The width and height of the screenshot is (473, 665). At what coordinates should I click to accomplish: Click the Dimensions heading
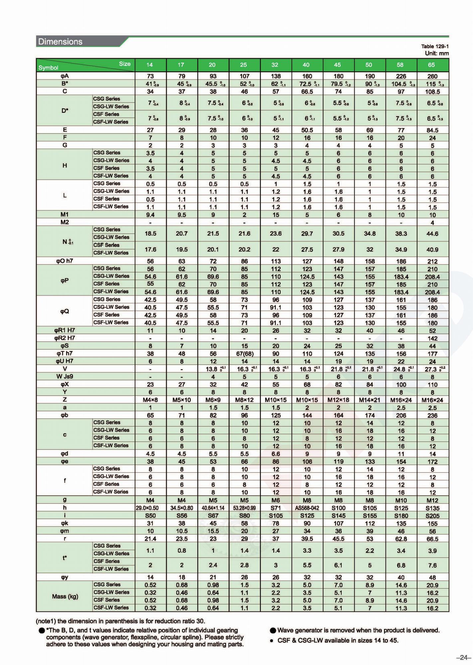click(x=60, y=42)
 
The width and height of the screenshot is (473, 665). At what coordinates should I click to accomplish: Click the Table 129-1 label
click(x=435, y=47)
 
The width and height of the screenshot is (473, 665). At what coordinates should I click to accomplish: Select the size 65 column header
click(x=431, y=65)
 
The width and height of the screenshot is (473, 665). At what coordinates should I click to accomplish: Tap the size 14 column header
click(x=150, y=65)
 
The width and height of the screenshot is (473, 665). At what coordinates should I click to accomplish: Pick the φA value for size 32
click(x=276, y=76)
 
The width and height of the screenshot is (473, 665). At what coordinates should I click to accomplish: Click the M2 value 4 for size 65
click(x=432, y=222)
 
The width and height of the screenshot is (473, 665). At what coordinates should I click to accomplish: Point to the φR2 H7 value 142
click(x=432, y=338)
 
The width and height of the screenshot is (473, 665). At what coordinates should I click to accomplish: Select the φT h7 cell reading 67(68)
click(x=244, y=354)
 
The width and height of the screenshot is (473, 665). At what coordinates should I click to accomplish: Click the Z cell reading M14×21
click(x=369, y=400)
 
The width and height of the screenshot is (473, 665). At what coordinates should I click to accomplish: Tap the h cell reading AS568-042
click(x=307, y=508)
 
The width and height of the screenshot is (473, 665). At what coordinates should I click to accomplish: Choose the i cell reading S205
click(x=432, y=516)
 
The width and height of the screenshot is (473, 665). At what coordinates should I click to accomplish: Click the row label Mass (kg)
click(x=65, y=597)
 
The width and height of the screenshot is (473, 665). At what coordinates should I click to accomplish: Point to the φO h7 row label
click(x=65, y=261)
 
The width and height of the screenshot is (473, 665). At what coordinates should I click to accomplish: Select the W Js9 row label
click(x=65, y=377)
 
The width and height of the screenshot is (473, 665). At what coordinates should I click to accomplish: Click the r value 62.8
click(x=401, y=539)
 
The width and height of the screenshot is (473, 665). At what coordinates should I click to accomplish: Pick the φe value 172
click(x=432, y=462)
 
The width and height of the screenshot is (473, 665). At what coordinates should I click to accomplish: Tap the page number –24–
click(x=463, y=657)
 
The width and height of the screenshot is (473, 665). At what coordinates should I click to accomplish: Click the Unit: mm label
click(x=437, y=54)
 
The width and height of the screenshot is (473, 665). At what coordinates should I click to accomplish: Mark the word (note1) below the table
click(x=46, y=621)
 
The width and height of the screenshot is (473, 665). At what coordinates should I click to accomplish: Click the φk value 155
click(x=432, y=523)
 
